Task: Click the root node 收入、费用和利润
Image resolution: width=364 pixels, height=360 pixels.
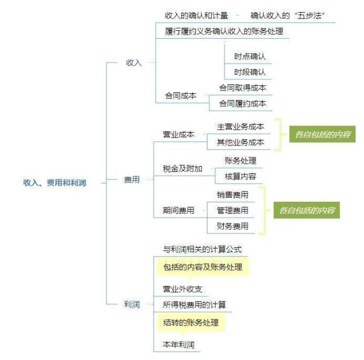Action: pos(55,183)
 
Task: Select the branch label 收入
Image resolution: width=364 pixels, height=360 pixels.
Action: pos(134,62)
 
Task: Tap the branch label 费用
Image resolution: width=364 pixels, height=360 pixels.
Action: pos(132,179)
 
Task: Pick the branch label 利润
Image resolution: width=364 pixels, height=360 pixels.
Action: pos(132,304)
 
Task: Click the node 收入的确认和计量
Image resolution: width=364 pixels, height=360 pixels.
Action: pos(197,16)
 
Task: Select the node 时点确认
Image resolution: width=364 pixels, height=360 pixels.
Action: pos(250,56)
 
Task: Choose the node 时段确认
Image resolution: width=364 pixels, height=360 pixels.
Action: pos(250,72)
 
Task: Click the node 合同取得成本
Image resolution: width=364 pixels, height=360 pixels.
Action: pos(243,88)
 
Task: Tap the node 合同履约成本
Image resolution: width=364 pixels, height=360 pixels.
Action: pos(243,104)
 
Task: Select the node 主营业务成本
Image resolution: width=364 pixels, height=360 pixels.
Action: pos(241,127)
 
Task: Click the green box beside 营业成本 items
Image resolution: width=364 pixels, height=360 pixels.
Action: pos(323,135)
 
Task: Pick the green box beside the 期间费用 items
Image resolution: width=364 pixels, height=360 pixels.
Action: pos(306,210)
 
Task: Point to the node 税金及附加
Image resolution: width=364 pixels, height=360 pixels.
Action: pos(183,168)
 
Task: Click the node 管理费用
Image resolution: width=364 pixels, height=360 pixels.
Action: pos(232,210)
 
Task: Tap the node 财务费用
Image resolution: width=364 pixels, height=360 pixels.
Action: pos(232,226)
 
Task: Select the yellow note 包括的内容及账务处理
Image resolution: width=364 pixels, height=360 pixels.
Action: pos(203,267)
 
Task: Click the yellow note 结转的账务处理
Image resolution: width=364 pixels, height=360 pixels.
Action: pos(191,322)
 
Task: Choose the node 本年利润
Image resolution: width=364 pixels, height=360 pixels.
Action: pos(178,345)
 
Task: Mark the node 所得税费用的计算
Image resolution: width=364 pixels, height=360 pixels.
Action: pos(194,305)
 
